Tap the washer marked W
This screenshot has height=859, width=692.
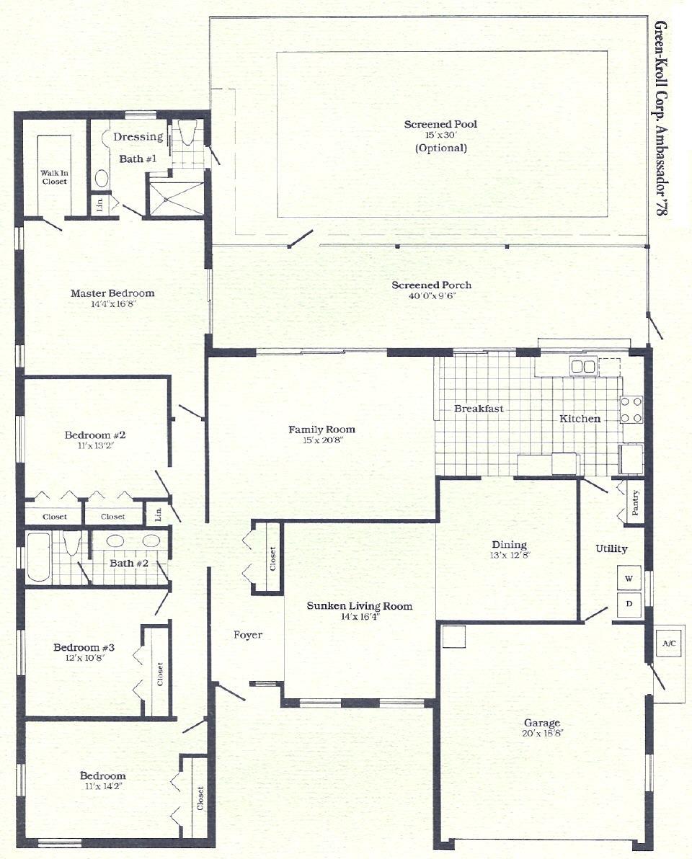tap(629, 579)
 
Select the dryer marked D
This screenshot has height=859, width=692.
tap(629, 605)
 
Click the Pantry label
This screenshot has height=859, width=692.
tap(636, 502)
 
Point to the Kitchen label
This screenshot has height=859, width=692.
tap(580, 419)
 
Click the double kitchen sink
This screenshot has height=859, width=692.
tap(583, 366)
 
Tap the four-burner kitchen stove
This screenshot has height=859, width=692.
tap(631, 410)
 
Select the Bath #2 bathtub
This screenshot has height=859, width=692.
tap(39, 557)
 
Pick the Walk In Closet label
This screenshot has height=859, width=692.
tap(54, 177)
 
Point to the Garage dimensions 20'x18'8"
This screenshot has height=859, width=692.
tap(542, 733)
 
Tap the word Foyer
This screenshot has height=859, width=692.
tap(248, 635)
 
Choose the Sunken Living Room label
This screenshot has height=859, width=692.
tap(360, 606)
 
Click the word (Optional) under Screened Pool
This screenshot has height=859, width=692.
tap(441, 148)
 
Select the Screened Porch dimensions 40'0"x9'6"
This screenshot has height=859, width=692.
tap(431, 296)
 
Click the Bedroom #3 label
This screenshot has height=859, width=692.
tap(84, 648)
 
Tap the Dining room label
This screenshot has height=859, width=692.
tap(509, 545)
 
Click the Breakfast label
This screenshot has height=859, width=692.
tap(479, 409)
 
